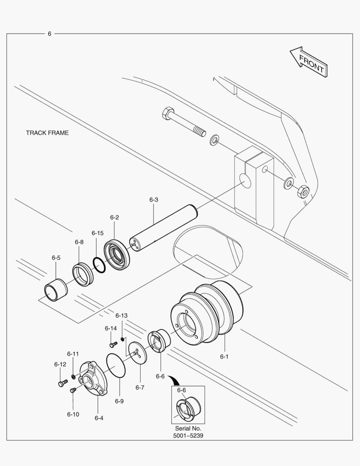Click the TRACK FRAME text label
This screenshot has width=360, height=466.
pyautogui.click(x=47, y=133)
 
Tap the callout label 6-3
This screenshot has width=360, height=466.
pyautogui.click(x=154, y=200)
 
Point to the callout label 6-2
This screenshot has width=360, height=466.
pyautogui.click(x=114, y=217)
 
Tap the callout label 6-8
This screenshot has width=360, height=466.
pyautogui.click(x=79, y=242)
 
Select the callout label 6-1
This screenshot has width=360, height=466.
pyautogui.click(x=224, y=357)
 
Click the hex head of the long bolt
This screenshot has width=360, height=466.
pyautogui.click(x=168, y=115)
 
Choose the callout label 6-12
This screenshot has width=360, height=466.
pyautogui.click(x=60, y=364)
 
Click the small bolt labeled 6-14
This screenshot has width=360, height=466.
pyautogui.click(x=113, y=344)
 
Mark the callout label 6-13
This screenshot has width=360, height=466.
pyautogui.click(x=122, y=315)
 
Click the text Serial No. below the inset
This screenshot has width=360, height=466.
pyautogui.click(x=188, y=428)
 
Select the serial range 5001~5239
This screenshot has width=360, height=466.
pyautogui.click(x=188, y=435)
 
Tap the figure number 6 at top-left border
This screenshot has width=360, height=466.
pyautogui.click(x=50, y=34)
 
